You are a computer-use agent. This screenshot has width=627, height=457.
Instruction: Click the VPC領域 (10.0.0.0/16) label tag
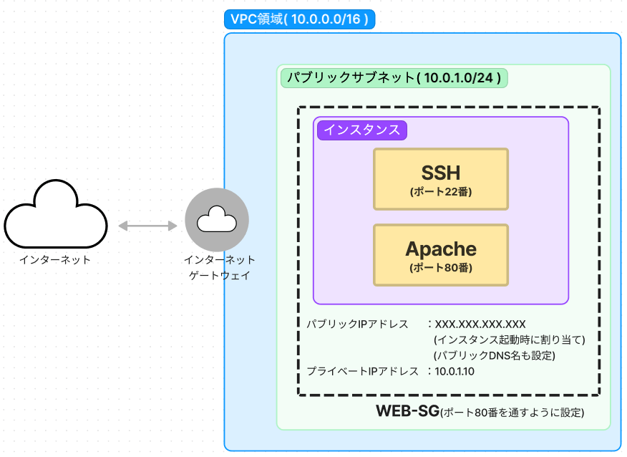coord(299,19)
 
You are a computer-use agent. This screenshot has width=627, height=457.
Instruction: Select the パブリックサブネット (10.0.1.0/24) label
coord(394,77)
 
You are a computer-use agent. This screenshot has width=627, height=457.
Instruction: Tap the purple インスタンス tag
coord(362,130)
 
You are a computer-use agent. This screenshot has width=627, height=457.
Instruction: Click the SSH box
coord(441,179)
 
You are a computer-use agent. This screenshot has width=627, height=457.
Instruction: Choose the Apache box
coord(441,255)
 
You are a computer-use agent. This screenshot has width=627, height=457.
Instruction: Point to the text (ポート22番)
coord(441,192)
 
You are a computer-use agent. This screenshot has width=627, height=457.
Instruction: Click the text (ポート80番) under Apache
coord(441,268)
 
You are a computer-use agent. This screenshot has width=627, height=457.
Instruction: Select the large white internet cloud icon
coord(56,214)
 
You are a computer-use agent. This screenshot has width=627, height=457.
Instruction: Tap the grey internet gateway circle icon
coord(217,220)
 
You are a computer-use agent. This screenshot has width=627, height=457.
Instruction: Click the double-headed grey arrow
coord(147,226)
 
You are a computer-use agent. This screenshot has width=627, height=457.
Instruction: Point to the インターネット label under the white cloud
coord(55,260)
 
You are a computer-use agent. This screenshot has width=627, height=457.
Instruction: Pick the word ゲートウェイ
coord(220,275)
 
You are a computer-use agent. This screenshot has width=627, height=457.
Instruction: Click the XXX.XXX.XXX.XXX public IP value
coord(480,324)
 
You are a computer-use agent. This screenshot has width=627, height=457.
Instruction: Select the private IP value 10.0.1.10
coord(455,371)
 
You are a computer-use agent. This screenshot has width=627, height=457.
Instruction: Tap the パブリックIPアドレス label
coord(357,324)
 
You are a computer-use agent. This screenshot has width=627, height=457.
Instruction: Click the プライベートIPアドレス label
coord(362,371)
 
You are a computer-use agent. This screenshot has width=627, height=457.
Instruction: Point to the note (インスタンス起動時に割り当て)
coord(510,340)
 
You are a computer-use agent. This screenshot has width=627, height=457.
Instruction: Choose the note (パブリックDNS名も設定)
coord(495,355)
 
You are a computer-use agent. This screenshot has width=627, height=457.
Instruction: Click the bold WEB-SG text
coord(407,411)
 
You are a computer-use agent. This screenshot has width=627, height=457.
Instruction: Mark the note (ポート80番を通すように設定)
coord(512,413)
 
